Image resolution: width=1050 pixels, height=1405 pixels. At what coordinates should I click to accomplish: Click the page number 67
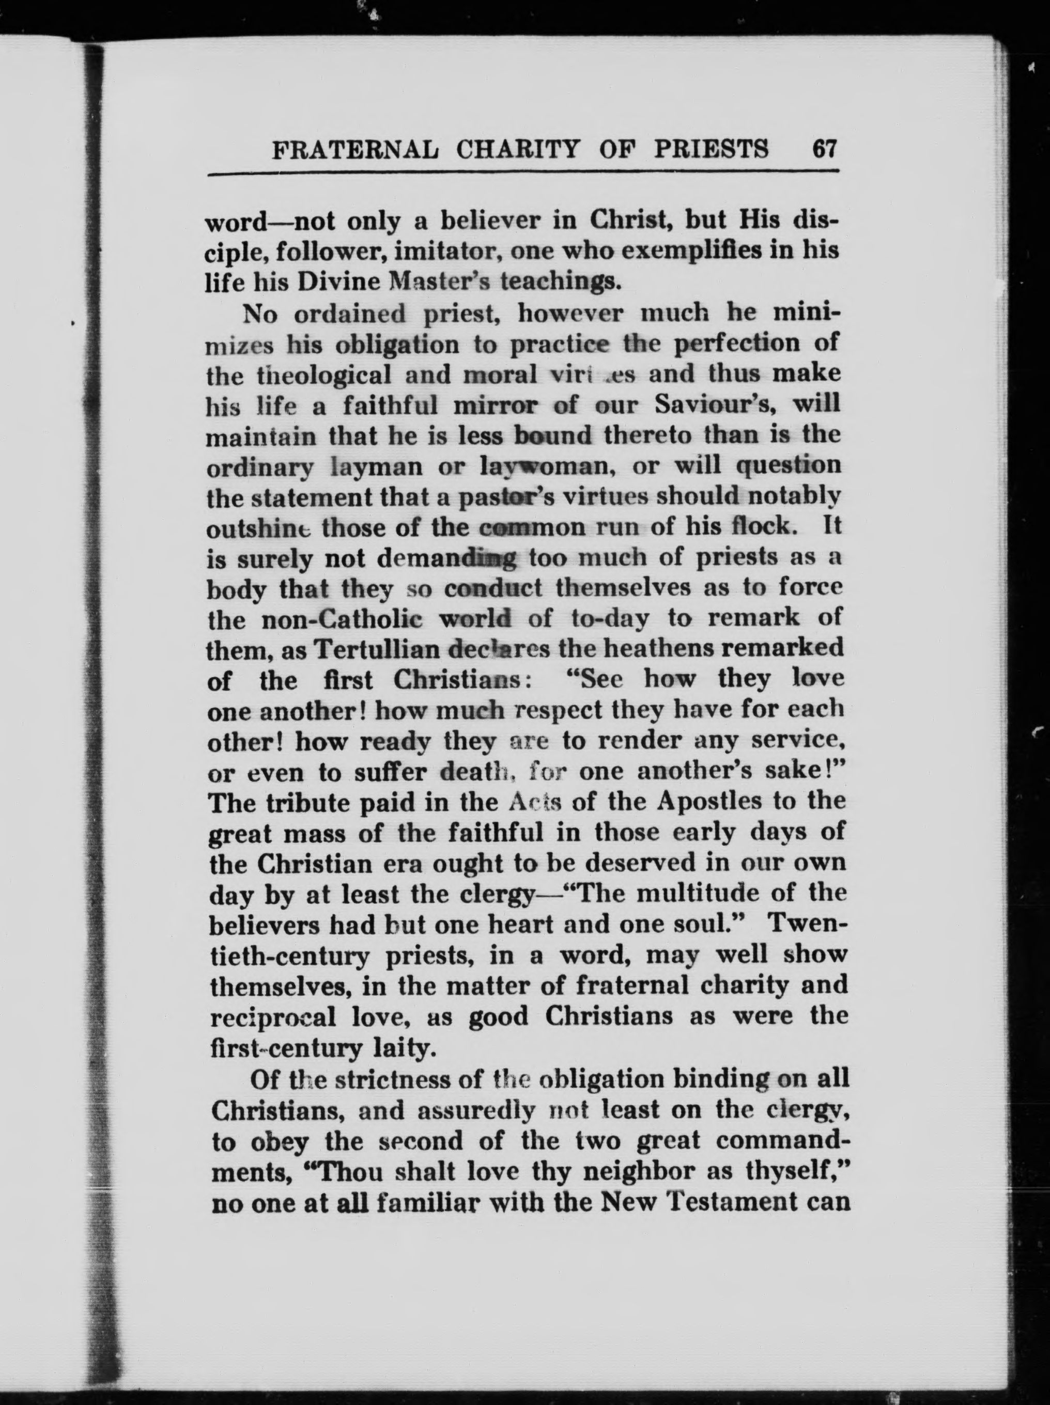824,149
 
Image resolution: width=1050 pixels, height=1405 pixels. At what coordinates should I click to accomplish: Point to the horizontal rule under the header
523,171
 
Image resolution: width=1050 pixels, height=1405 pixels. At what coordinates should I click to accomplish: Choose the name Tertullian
378,650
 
